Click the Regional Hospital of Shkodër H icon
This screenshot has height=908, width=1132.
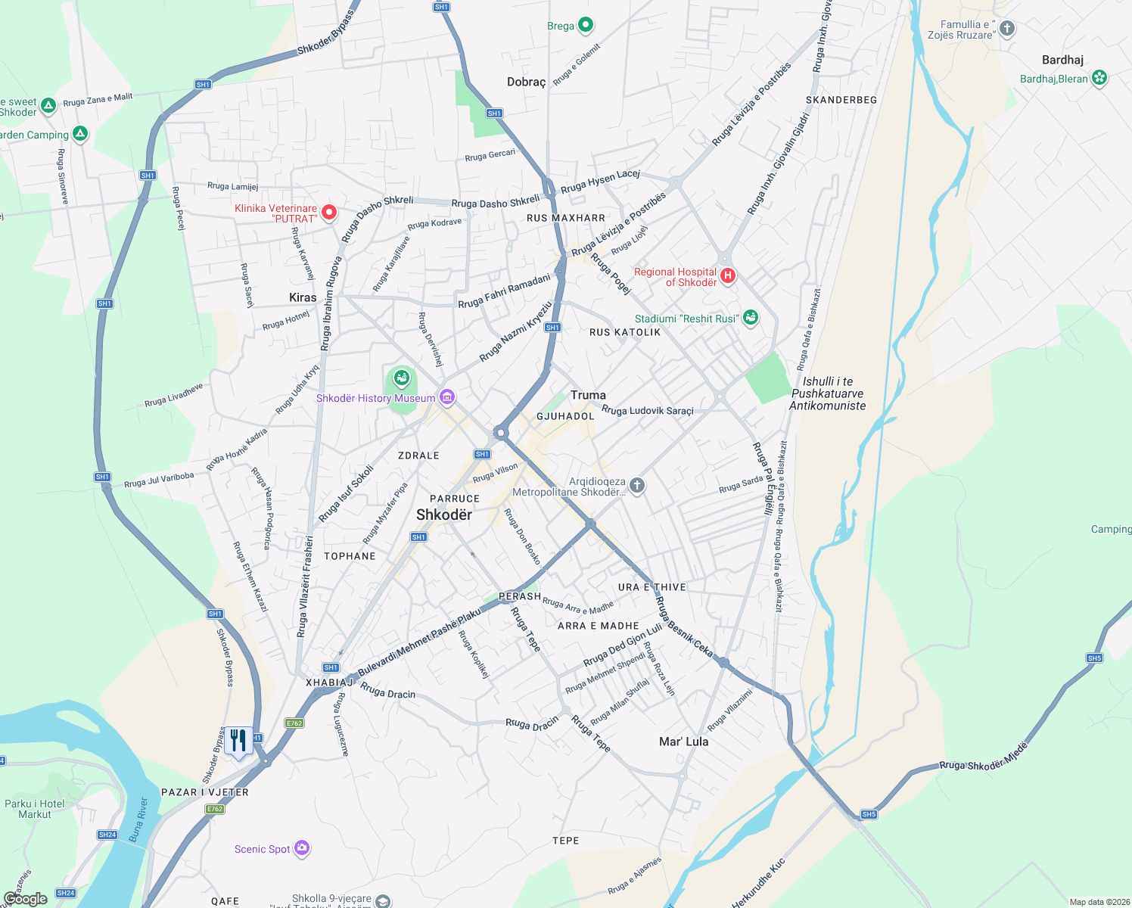(x=727, y=275)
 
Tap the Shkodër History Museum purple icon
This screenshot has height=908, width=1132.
(x=447, y=397)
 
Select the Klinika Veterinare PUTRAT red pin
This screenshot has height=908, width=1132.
(x=329, y=213)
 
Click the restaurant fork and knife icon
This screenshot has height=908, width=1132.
(x=238, y=741)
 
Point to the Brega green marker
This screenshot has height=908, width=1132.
(x=585, y=25)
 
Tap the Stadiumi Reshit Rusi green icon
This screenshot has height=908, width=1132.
(x=750, y=318)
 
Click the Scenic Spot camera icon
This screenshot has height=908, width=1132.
(x=302, y=848)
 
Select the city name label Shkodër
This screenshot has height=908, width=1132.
(x=444, y=515)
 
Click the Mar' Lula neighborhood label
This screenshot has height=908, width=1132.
(x=683, y=742)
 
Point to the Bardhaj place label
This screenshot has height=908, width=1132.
(x=1062, y=60)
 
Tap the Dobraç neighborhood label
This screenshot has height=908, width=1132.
(x=526, y=82)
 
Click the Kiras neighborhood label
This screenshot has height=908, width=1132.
(x=303, y=297)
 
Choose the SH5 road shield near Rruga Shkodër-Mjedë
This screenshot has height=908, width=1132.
(x=868, y=814)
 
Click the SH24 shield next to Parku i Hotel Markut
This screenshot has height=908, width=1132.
(x=107, y=835)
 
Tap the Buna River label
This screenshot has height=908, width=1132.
(x=137, y=819)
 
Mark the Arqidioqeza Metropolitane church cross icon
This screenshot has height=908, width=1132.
(x=637, y=485)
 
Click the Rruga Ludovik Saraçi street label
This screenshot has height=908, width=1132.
(x=647, y=411)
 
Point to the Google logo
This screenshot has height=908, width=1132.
(x=26, y=898)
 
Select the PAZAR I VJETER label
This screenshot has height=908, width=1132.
(x=205, y=792)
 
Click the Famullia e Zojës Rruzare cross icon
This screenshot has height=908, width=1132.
(x=1006, y=29)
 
